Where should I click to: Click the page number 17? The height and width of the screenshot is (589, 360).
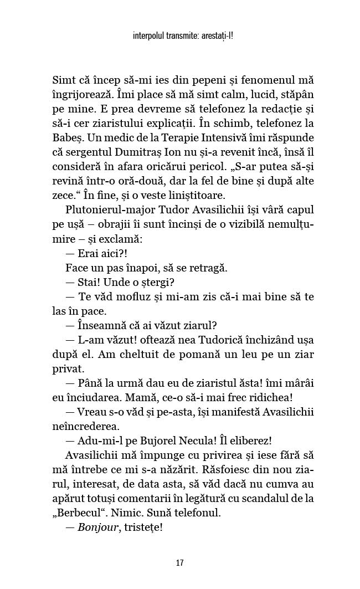pyautogui.click(x=179, y=563)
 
